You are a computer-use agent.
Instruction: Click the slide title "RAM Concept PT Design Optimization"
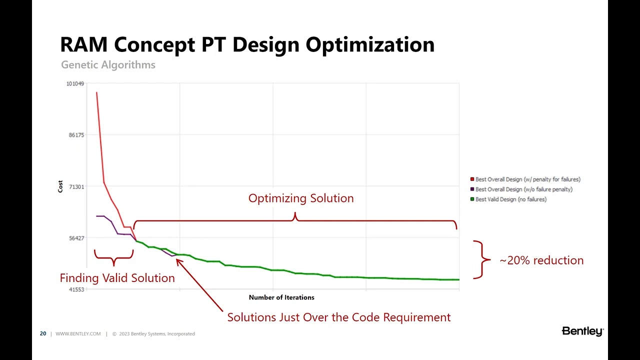[247, 44]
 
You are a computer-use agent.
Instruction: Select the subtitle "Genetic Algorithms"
[108, 65]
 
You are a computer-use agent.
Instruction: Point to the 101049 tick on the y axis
[75, 83]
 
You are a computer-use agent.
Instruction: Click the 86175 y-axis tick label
[76, 135]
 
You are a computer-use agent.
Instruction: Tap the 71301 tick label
[76, 187]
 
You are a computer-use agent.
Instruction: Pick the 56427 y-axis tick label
[76, 238]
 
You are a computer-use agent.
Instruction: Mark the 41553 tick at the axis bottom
[76, 289]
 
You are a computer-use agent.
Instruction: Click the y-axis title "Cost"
[60, 186]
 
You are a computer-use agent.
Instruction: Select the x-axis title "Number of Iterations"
[281, 297]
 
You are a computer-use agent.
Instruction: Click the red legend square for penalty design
[472, 179]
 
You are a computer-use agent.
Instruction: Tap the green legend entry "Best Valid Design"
[510, 199]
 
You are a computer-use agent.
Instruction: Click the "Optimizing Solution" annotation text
[301, 198]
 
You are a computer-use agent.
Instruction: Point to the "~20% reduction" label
[541, 260]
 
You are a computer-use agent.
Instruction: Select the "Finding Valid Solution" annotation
[117, 278]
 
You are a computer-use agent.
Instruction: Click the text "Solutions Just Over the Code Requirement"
[338, 317]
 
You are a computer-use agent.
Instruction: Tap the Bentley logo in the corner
[582, 331]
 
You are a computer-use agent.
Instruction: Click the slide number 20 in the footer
[43, 334]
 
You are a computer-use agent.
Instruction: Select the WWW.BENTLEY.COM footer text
[78, 334]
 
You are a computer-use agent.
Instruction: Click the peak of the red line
[96, 92]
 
